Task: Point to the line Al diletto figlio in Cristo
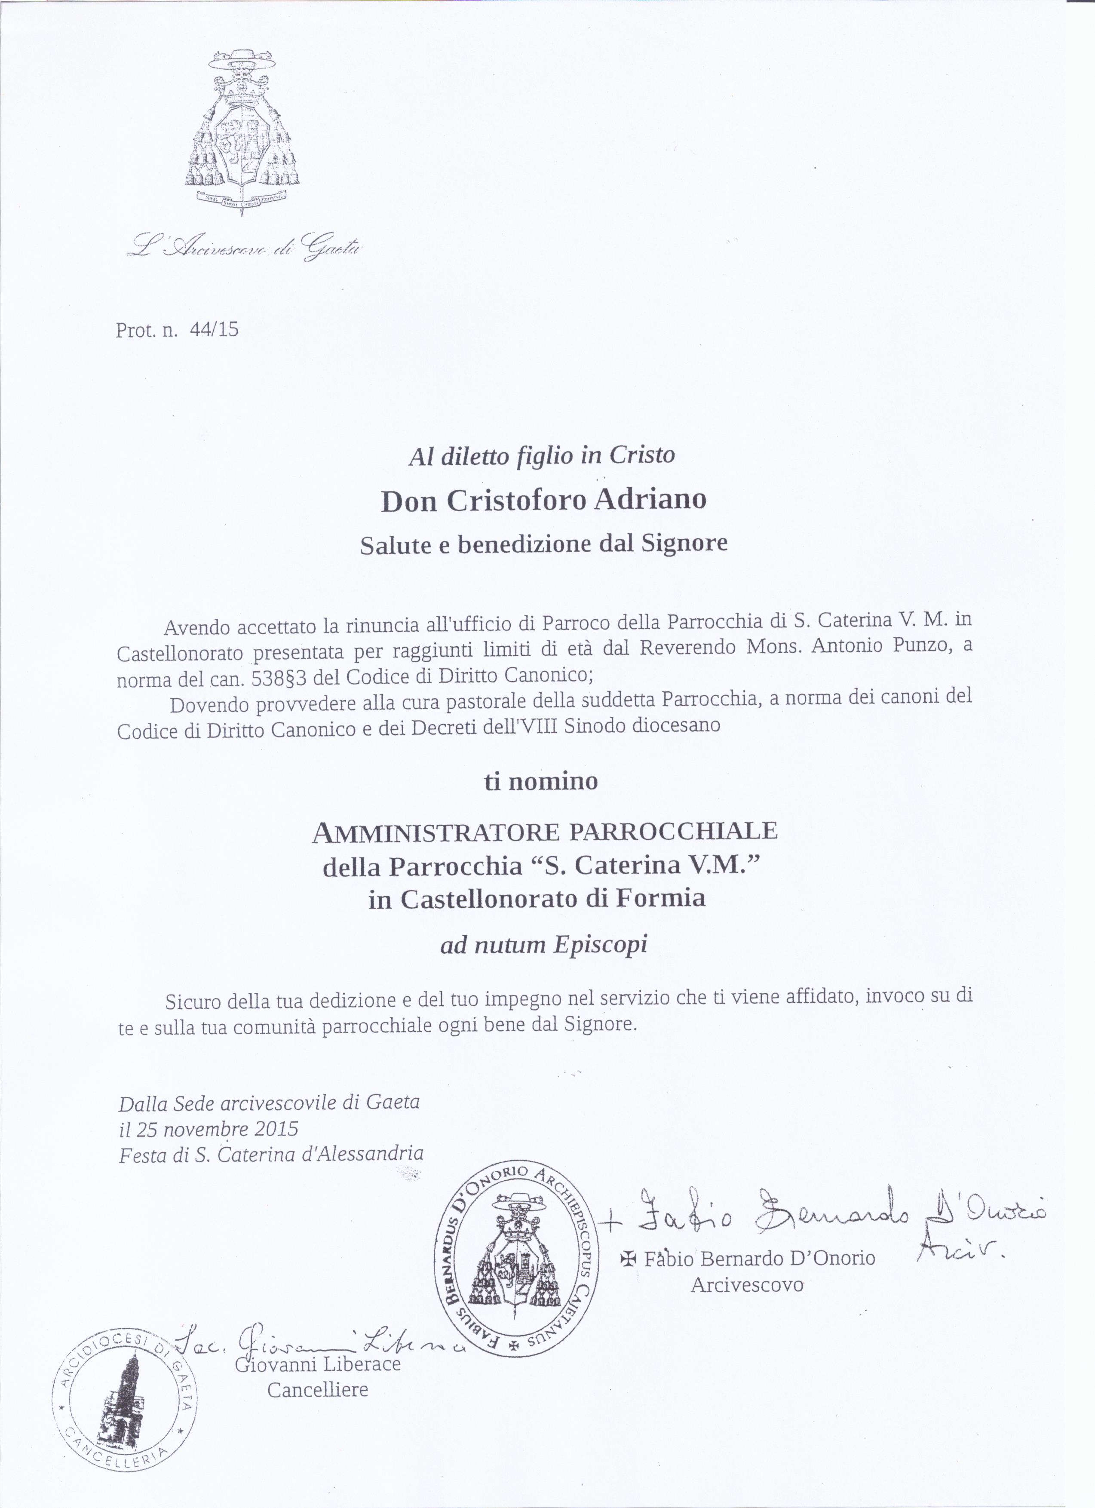(x=542, y=455)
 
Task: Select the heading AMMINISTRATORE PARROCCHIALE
(x=545, y=831)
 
